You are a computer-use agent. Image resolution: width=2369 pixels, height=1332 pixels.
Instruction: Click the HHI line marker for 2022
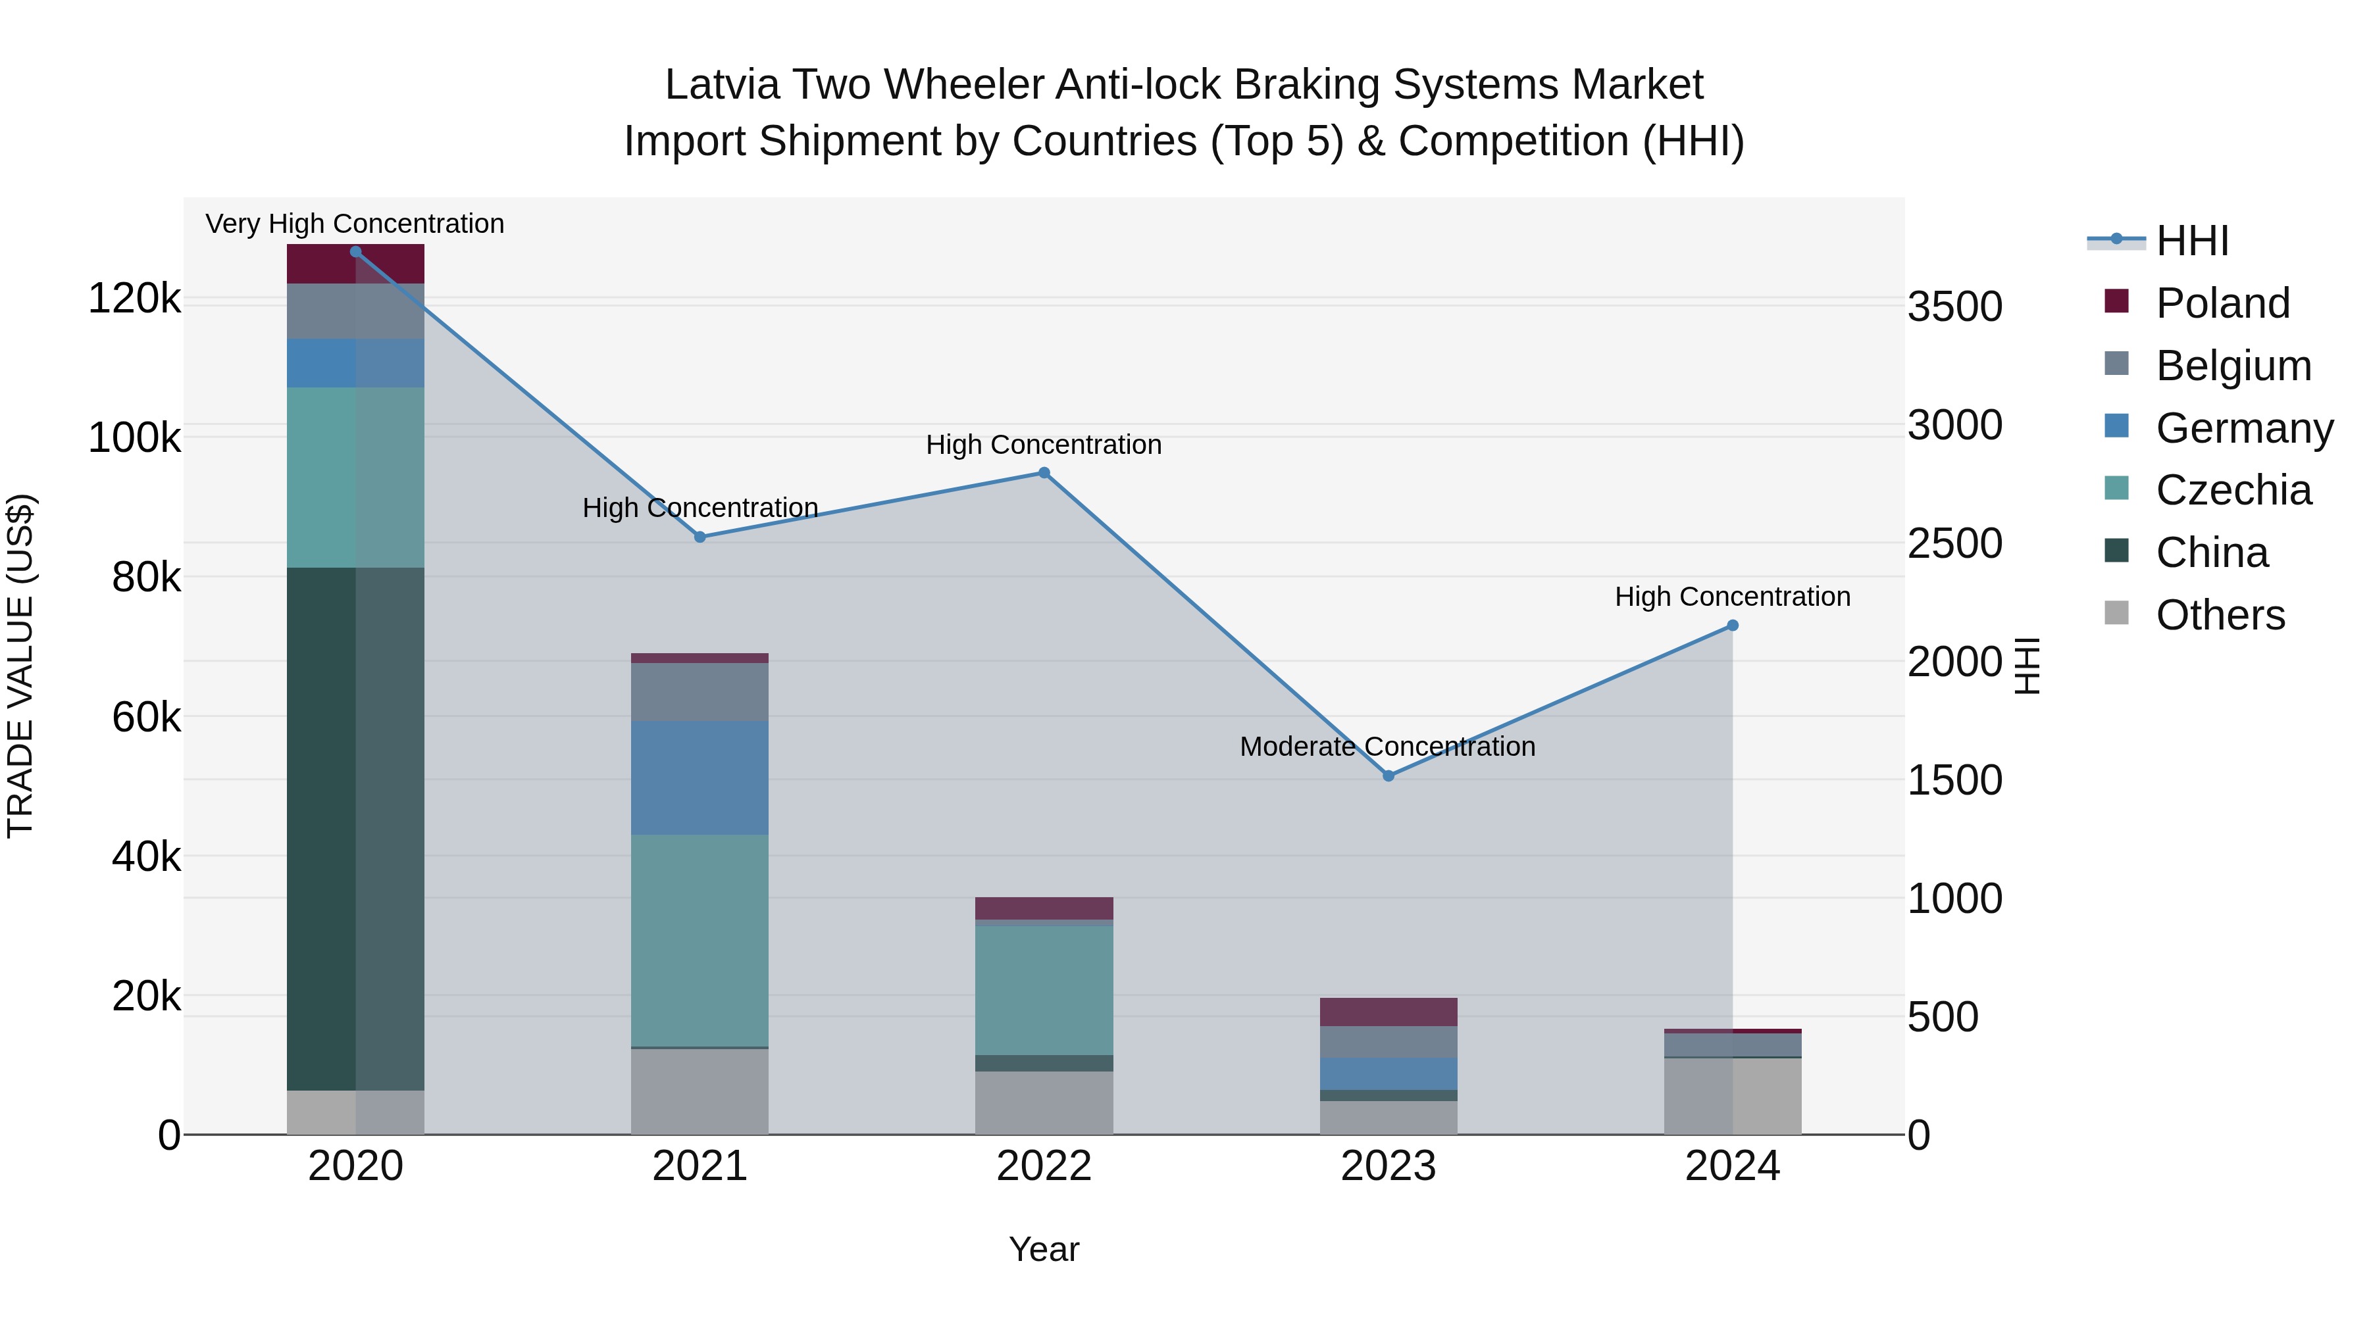point(1044,474)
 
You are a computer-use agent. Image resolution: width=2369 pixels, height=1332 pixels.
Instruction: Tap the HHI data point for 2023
point(1388,776)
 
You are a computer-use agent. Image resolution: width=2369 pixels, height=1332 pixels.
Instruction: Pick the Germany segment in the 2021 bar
point(700,777)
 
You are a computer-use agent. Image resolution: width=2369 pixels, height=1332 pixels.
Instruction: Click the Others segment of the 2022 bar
point(1044,1102)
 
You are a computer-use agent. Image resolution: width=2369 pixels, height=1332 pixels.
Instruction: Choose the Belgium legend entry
point(2233,365)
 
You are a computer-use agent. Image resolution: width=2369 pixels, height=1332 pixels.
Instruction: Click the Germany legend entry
point(2244,428)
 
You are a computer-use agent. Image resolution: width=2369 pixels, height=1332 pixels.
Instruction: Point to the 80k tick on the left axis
point(147,578)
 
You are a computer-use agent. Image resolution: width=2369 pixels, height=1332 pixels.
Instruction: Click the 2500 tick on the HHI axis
point(1954,543)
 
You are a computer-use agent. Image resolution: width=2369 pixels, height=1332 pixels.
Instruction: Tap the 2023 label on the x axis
point(1388,1166)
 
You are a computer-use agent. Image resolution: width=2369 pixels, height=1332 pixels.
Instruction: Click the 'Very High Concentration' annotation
point(355,224)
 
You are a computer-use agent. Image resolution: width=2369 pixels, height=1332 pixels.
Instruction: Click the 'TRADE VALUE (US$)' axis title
point(20,666)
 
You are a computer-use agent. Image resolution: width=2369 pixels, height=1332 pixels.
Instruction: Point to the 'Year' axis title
point(1044,1249)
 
